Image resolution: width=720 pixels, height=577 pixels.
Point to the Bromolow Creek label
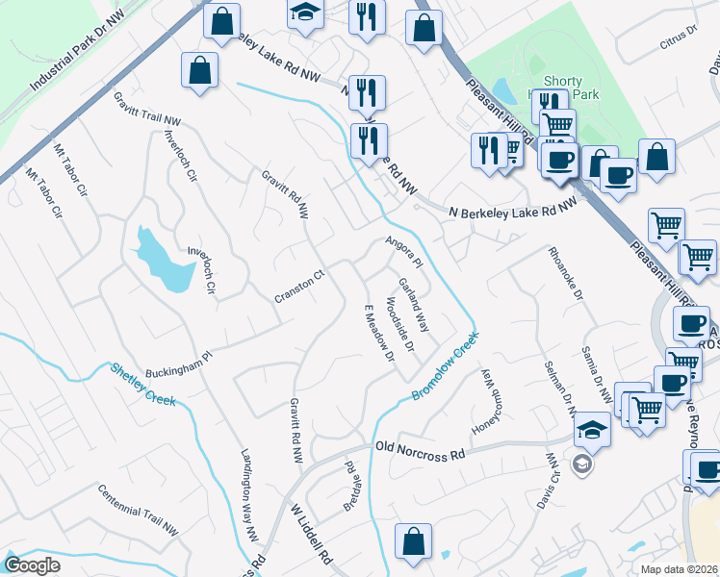pos(446,368)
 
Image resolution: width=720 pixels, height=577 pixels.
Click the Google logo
pos(32,565)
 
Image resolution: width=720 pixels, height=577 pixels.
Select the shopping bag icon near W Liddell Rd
pos(413,539)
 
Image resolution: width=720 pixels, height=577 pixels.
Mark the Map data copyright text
pos(680,569)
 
